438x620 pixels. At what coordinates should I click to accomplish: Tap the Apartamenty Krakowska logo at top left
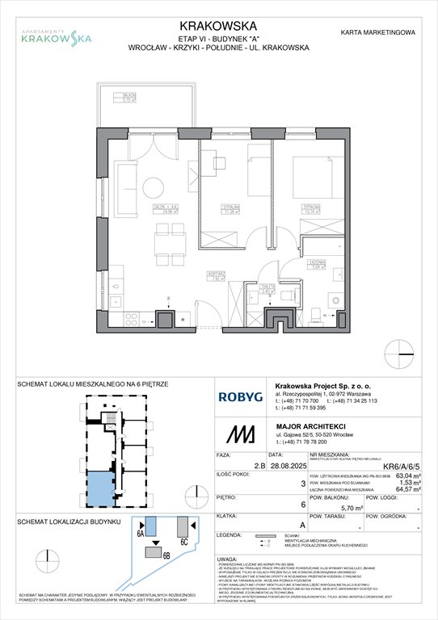point(56,35)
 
